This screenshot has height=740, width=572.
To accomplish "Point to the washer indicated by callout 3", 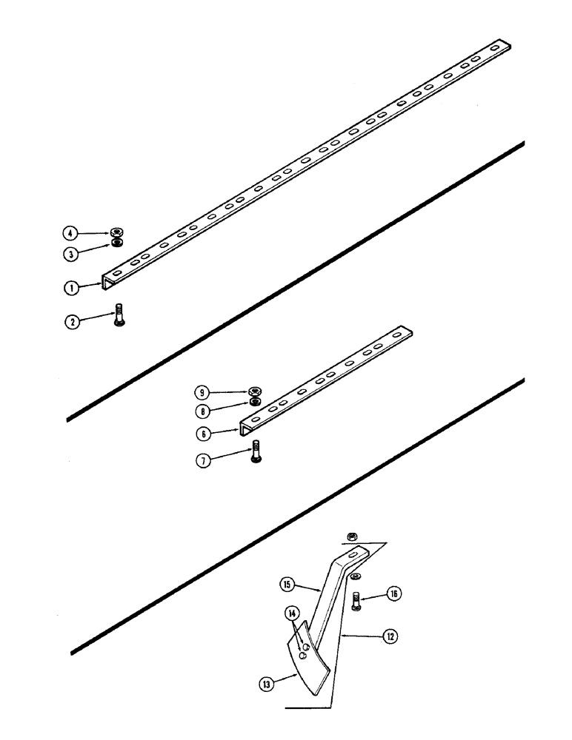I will point(116,243).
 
